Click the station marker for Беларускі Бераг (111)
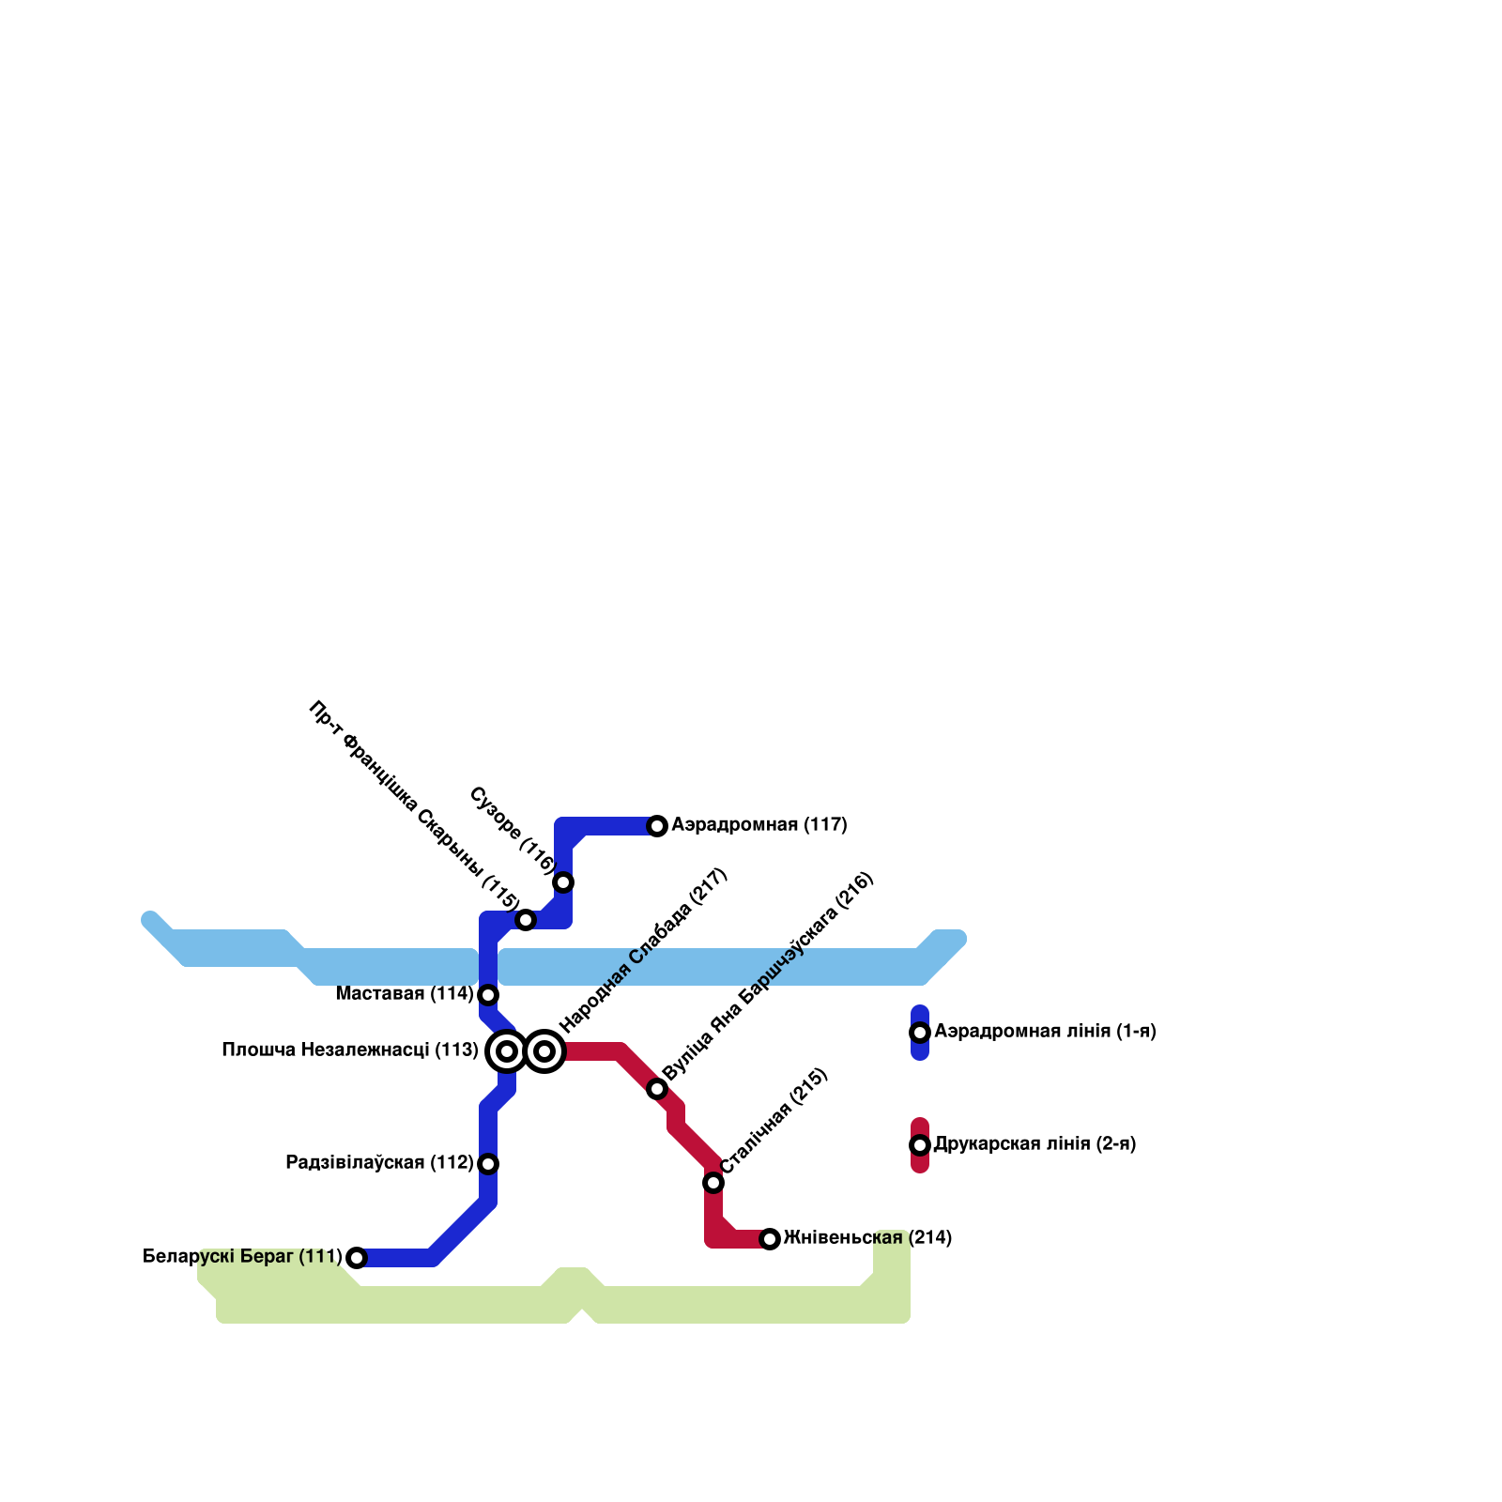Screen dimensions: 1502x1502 [357, 1258]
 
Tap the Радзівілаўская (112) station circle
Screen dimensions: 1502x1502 [488, 1164]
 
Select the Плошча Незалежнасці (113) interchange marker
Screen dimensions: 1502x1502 [507, 1051]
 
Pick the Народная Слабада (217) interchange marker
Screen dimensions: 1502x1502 [544, 1051]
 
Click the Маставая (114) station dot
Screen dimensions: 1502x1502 [488, 995]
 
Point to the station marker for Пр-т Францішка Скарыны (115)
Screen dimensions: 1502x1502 [526, 920]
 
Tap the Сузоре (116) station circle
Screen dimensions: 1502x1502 [563, 882]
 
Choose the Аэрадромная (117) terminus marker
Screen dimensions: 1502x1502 [657, 826]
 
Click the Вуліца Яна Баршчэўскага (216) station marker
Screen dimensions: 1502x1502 [657, 1089]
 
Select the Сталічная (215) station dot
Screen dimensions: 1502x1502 [713, 1183]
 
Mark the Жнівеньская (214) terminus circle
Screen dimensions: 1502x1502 [770, 1239]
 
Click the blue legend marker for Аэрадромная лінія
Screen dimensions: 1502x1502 [920, 1033]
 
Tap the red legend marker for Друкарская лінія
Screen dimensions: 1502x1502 [920, 1145]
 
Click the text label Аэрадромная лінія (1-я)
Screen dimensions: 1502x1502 [1045, 1032]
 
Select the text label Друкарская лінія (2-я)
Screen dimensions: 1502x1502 [1035, 1144]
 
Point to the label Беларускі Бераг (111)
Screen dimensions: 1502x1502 [242, 1257]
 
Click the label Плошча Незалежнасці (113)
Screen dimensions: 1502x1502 [350, 1050]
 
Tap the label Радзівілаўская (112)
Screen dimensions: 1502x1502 [379, 1163]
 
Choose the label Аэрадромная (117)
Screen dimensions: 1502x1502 [759, 825]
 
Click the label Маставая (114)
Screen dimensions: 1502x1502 [405, 994]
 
